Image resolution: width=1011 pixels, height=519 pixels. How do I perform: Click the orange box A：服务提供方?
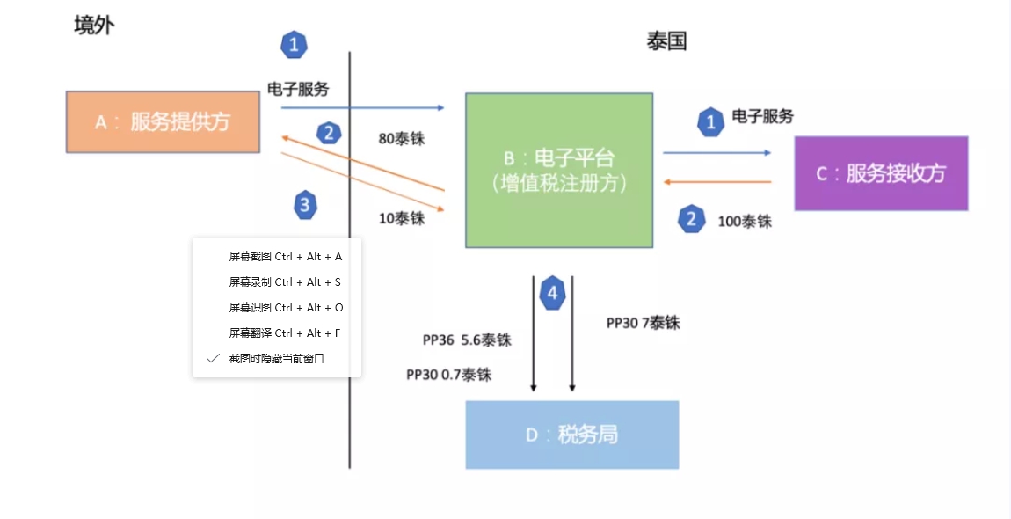coord(163,121)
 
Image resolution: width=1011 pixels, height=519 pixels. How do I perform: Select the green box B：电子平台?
coord(559,170)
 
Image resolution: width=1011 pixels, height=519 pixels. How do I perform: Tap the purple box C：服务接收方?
coord(881,173)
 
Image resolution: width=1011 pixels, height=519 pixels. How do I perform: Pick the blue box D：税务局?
coord(571,435)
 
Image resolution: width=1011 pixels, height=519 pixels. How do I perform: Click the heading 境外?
coord(94,25)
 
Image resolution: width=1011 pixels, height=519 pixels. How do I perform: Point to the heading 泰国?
coord(666,41)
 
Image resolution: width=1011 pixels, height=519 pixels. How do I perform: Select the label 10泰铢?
coord(402,218)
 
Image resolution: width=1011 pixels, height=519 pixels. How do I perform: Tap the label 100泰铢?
coord(745,222)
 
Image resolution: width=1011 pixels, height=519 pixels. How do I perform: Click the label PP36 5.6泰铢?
coord(467,340)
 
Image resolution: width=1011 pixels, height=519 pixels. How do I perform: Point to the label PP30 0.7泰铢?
coord(448,375)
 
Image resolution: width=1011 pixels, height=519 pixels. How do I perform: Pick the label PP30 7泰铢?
coord(644,323)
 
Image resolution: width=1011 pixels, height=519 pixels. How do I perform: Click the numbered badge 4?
coord(552,293)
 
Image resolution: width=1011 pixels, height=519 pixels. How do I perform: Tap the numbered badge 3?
coord(305,206)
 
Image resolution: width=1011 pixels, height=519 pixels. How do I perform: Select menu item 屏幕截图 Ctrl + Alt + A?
coord(286,257)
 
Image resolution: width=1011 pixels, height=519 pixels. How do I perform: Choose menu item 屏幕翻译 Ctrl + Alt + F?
coord(285,333)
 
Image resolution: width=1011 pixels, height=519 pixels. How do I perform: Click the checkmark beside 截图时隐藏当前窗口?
coord(213,359)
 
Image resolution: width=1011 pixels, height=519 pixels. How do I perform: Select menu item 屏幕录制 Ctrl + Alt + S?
coord(285,282)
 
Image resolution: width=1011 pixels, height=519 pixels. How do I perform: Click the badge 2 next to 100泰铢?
coord(692,220)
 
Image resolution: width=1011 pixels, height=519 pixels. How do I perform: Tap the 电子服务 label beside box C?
coord(762,116)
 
